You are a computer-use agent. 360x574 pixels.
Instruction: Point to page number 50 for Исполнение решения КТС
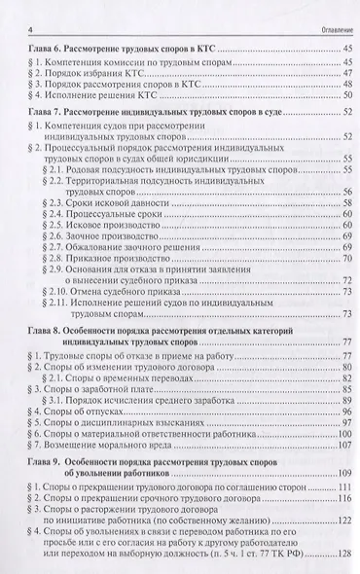[345, 96]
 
